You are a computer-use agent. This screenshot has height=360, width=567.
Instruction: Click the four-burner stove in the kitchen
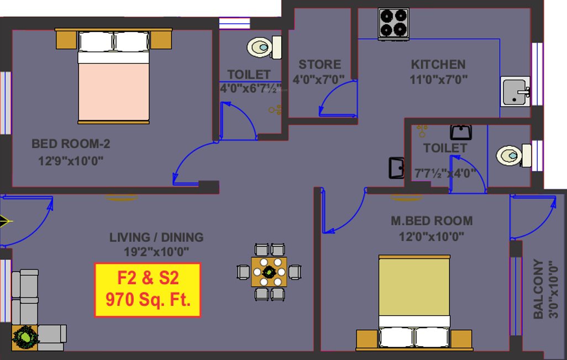click(x=393, y=24)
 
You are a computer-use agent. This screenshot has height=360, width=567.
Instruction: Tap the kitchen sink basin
click(x=515, y=91)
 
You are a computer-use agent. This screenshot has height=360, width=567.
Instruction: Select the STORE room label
click(x=319, y=64)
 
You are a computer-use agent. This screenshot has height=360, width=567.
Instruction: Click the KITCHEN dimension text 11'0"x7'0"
click(x=438, y=79)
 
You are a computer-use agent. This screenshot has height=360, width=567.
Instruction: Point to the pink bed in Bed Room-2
click(x=113, y=91)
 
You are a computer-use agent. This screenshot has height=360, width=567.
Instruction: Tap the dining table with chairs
click(x=269, y=272)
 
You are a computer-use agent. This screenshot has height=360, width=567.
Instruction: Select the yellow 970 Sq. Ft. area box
click(x=148, y=290)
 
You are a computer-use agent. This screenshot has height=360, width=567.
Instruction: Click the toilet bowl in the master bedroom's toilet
click(x=508, y=155)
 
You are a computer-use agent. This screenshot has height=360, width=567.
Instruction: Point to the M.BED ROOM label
click(x=431, y=221)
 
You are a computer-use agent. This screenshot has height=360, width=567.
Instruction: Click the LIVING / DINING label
click(x=156, y=237)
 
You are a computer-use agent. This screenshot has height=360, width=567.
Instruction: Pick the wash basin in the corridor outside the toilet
click(x=396, y=168)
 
